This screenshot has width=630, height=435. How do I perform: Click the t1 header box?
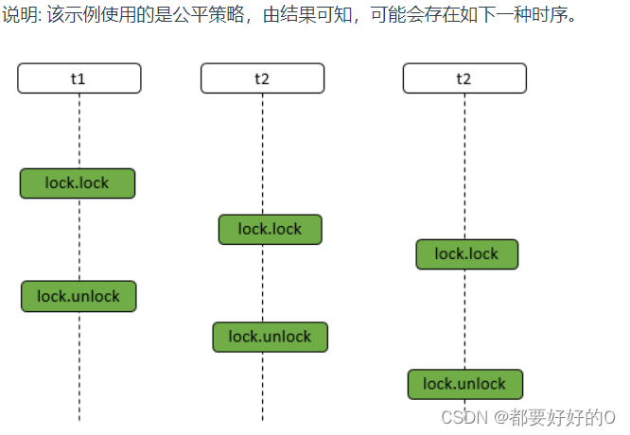click(x=79, y=78)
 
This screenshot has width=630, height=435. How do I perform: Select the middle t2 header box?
click(x=262, y=78)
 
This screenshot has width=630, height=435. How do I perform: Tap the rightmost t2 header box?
click(x=464, y=78)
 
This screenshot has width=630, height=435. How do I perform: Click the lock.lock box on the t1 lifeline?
click(x=78, y=183)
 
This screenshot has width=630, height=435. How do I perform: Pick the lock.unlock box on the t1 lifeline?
click(x=79, y=296)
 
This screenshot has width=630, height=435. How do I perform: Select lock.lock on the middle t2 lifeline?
click(x=270, y=229)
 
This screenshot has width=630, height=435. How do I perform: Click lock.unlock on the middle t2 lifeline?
click(x=270, y=337)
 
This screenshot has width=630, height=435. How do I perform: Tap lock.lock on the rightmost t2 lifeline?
click(x=466, y=253)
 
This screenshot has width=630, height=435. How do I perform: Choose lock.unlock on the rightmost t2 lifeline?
click(x=464, y=384)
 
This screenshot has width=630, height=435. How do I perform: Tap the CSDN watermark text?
click(x=463, y=417)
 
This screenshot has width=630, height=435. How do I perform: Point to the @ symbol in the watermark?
click(x=496, y=417)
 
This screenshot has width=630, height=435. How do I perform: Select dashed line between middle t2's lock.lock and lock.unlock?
click(x=263, y=283)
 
